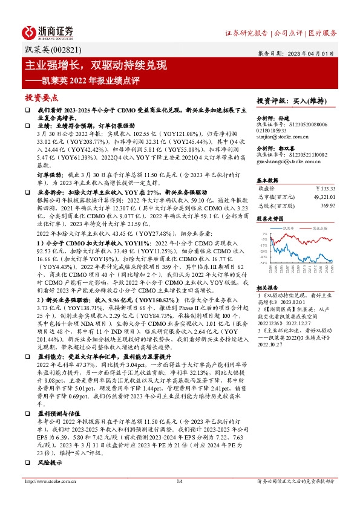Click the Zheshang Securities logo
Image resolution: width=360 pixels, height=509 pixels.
coord(48,31)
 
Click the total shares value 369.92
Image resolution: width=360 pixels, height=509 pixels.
coord(327,206)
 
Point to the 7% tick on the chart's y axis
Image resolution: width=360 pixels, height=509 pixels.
coord(264,233)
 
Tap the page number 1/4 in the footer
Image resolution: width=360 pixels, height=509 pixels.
coord(179,498)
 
